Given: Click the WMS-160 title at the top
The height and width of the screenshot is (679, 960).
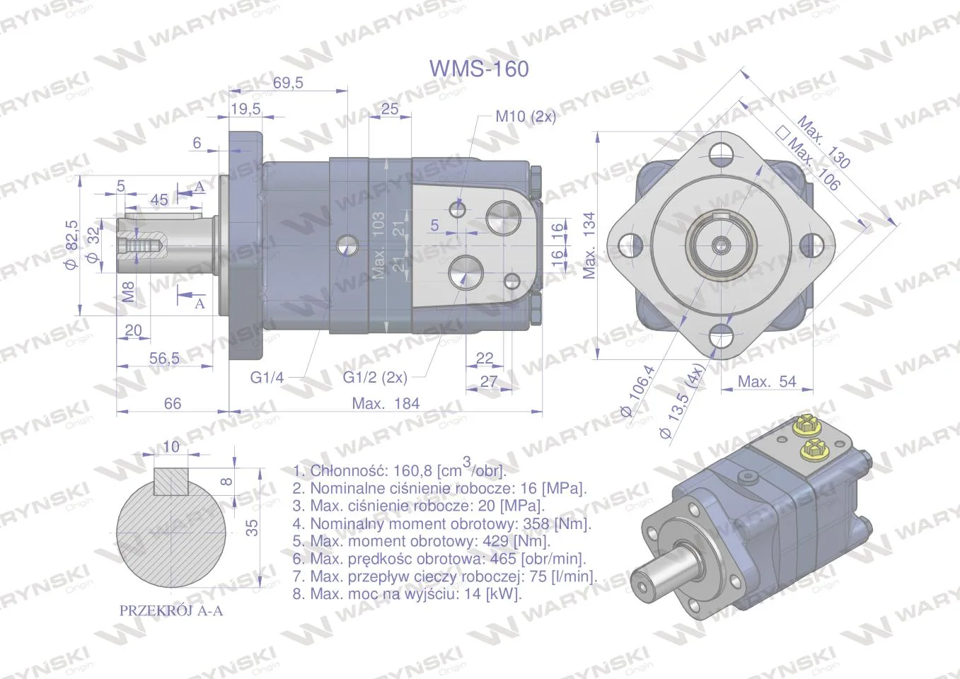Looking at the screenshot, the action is pyautogui.click(x=479, y=69).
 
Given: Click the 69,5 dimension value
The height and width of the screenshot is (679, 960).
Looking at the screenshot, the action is pyautogui.click(x=288, y=82).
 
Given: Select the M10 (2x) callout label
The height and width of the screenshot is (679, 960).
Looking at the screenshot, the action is pyautogui.click(x=526, y=116).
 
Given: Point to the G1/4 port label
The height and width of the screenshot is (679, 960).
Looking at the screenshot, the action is pyautogui.click(x=267, y=378).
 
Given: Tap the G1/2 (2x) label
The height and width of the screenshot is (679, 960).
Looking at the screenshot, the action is pyautogui.click(x=375, y=377).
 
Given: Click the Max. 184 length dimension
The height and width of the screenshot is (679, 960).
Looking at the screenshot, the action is pyautogui.click(x=386, y=403).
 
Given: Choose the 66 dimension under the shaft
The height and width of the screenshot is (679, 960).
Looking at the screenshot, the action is pyautogui.click(x=173, y=403).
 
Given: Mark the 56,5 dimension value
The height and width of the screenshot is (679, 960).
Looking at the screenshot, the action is pyautogui.click(x=164, y=358).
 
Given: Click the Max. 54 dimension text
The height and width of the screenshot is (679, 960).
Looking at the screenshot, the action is pyautogui.click(x=767, y=381).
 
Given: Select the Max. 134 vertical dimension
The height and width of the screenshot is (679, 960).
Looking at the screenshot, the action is pyautogui.click(x=590, y=245).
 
